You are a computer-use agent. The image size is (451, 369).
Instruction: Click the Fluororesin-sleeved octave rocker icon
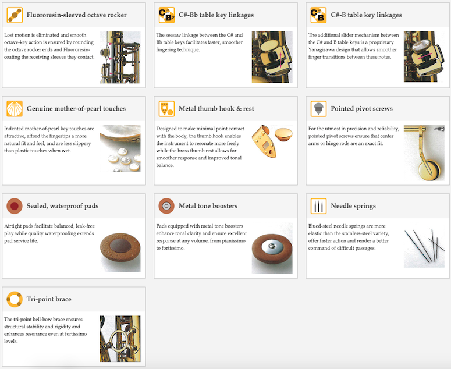15,15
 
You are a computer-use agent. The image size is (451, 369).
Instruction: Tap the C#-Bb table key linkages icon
166,15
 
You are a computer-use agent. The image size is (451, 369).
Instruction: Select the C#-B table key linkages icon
318,15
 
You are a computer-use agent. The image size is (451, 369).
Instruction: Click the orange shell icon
15,109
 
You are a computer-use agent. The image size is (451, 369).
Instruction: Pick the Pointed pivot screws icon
318,109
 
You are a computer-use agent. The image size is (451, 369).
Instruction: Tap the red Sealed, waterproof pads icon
15,206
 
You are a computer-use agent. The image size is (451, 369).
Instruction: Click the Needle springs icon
318,206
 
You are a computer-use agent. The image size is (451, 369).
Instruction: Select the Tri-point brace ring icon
15,299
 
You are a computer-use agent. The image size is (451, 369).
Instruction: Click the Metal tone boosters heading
208,206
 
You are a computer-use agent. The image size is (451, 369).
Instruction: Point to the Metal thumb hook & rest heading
216,109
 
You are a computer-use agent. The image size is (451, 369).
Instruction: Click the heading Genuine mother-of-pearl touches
76,109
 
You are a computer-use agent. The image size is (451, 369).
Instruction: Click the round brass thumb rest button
283,134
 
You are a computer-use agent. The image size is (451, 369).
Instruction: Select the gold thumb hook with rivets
263,141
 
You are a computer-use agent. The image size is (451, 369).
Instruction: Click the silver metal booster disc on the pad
272,247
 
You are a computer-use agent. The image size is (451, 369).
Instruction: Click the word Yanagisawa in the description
321,49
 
